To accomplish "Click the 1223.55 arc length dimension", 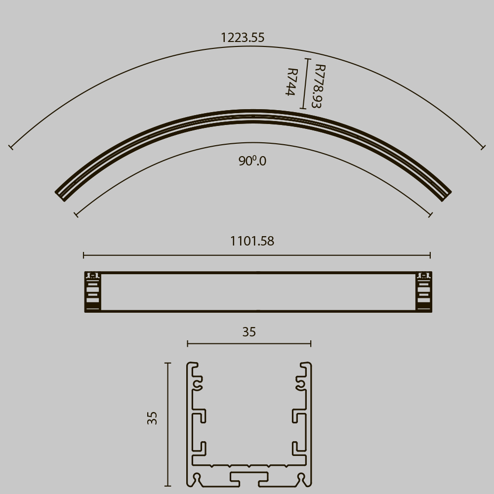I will (x=242, y=38).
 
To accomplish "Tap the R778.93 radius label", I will (x=319, y=86).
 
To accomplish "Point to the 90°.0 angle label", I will (x=252, y=161).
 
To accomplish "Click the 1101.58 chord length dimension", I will (x=252, y=242).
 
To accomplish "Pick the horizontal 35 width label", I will (x=249, y=332).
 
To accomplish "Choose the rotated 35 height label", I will (x=152, y=418).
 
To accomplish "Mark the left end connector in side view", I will (x=92, y=292).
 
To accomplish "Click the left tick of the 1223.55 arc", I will (x=11, y=147).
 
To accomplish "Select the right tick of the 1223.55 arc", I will (x=484, y=147).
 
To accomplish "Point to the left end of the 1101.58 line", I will (x=84, y=255).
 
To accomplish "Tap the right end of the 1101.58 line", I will (x=430, y=255).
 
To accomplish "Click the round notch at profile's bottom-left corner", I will (x=197, y=478).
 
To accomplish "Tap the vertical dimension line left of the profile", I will (x=168, y=425).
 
